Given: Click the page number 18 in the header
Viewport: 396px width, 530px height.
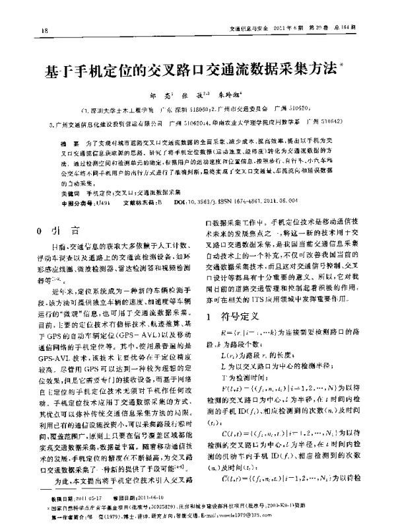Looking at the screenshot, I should click(45, 30).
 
